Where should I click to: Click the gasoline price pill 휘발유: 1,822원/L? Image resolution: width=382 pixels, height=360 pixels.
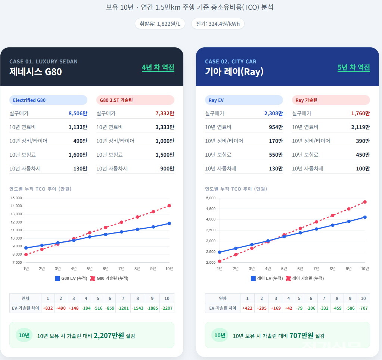(160, 24)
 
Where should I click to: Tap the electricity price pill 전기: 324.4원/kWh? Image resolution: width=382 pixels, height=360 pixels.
(218, 24)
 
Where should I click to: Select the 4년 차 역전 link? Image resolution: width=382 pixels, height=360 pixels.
(158, 68)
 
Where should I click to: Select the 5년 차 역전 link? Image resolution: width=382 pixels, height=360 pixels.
(354, 68)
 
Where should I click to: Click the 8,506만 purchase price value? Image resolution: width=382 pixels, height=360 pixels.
(78, 113)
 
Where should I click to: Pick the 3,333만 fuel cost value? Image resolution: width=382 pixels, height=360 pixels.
(165, 127)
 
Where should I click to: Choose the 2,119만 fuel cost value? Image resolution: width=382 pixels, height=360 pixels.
(360, 127)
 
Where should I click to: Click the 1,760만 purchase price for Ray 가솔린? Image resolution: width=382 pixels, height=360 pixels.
(360, 113)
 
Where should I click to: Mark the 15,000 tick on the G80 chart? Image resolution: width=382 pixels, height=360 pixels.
(16, 198)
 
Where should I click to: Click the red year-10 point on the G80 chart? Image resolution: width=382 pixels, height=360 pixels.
(169, 206)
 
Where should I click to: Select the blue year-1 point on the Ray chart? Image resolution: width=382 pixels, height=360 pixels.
(220, 252)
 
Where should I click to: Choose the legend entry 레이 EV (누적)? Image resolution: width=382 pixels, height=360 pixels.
(267, 278)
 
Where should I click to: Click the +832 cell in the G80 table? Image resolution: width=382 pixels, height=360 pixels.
(47, 308)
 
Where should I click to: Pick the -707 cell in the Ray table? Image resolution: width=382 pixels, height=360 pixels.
(363, 308)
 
